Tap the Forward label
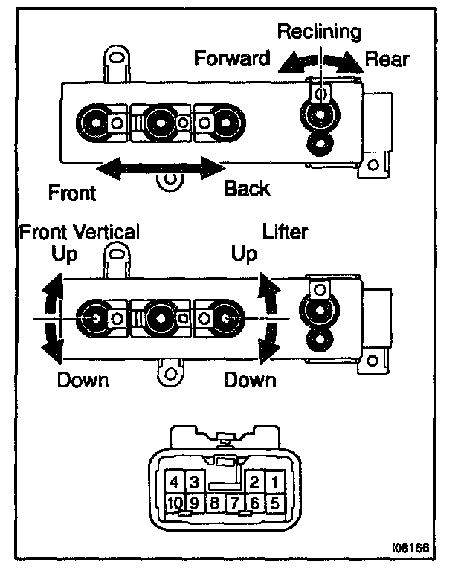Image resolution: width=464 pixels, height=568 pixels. click(232, 58)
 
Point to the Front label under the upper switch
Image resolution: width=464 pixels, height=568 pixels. click(72, 193)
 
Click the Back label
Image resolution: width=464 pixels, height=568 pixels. click(248, 189)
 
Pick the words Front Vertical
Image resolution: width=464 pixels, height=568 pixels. click(79, 233)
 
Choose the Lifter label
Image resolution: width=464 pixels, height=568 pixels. click(286, 232)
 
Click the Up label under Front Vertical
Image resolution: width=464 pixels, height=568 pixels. click(65, 254)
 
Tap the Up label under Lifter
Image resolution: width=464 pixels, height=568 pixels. click(244, 254)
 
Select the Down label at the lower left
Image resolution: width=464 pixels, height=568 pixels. click(83, 381)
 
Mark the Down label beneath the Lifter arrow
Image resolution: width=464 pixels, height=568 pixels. click(251, 381)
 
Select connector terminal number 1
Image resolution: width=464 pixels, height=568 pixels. click(274, 481)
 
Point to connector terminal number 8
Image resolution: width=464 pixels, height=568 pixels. click(213, 502)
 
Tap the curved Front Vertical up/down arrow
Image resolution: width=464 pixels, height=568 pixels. click(49, 318)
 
